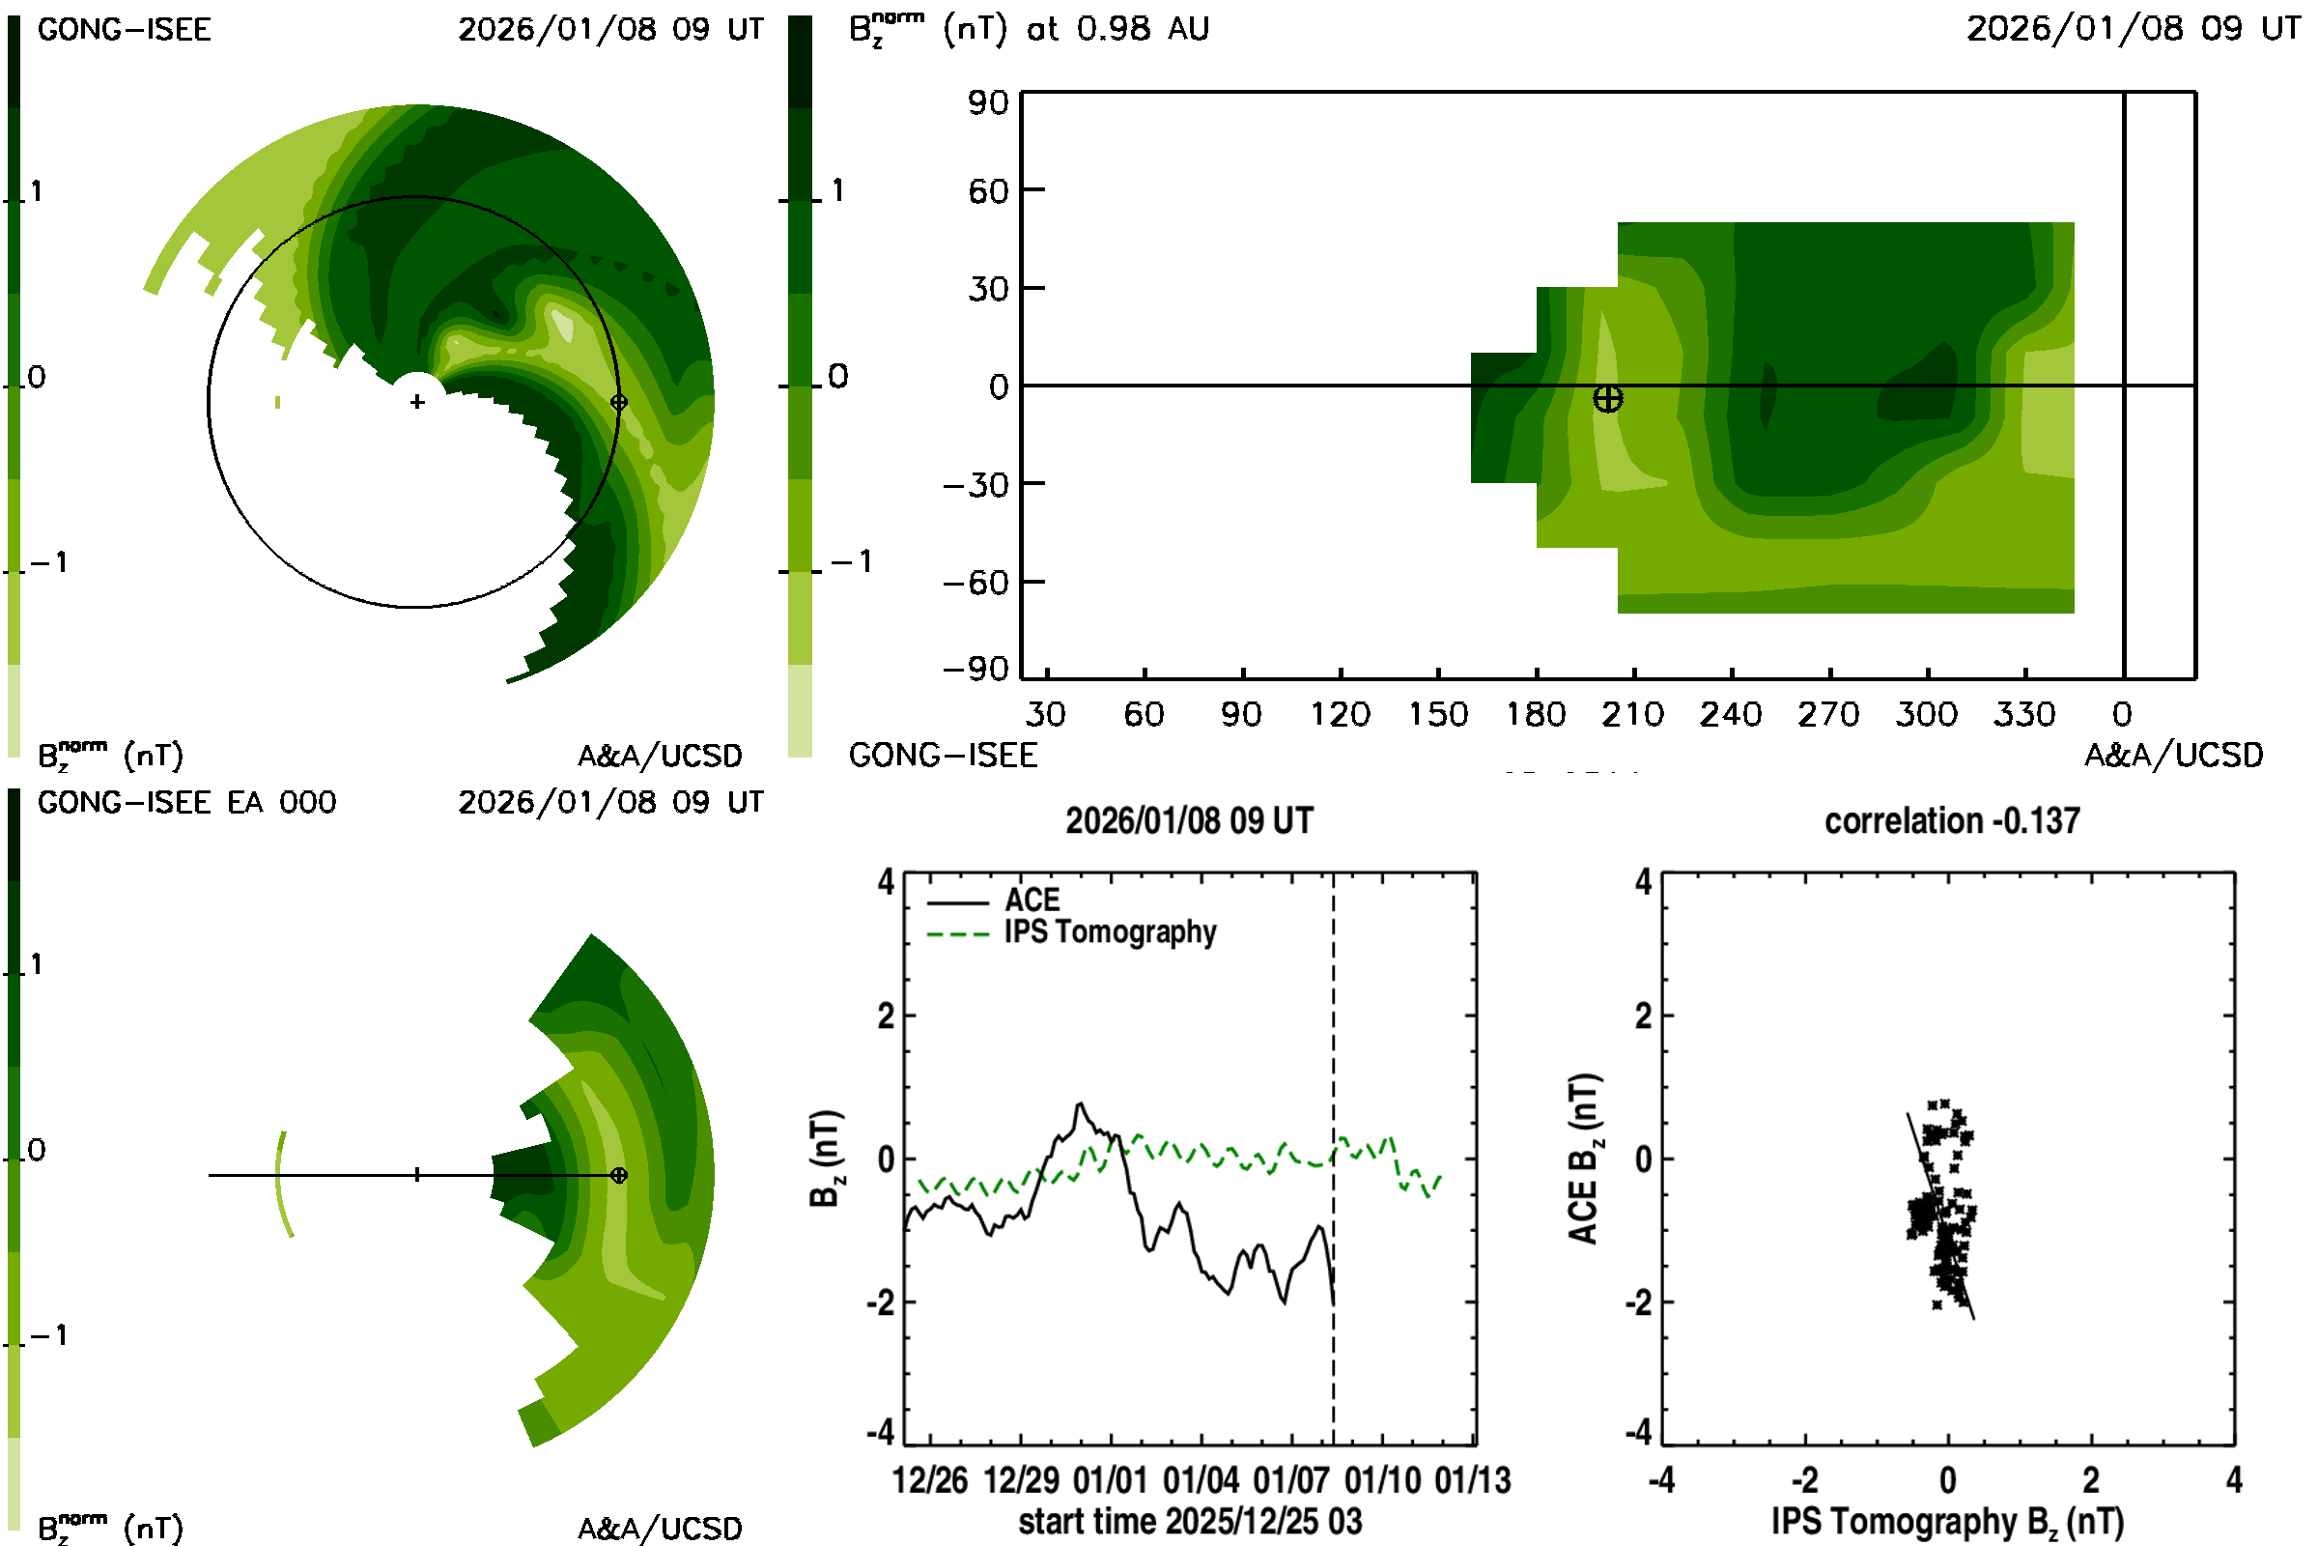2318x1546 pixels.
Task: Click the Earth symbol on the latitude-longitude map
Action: pos(1607,399)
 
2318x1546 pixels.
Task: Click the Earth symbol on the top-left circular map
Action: pos(619,402)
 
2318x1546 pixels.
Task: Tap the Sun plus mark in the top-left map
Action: pos(418,402)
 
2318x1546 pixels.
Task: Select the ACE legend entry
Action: pos(1031,901)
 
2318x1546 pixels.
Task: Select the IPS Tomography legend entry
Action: pos(1110,931)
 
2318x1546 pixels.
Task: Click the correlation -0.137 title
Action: pos(1951,821)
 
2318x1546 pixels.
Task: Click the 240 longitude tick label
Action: pos(1731,714)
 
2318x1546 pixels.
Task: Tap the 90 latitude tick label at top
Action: pos(988,102)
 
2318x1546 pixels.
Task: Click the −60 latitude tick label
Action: pos(975,583)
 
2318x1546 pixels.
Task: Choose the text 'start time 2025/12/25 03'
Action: pos(1190,1521)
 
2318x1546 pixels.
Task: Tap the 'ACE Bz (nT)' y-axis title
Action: pos(1583,1159)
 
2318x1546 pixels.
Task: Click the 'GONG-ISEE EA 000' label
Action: pos(186,803)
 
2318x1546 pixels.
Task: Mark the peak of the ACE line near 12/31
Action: pos(1080,1103)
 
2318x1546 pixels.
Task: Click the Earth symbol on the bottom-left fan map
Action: pos(619,1175)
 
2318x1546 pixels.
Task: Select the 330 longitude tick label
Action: pos(2024,714)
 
